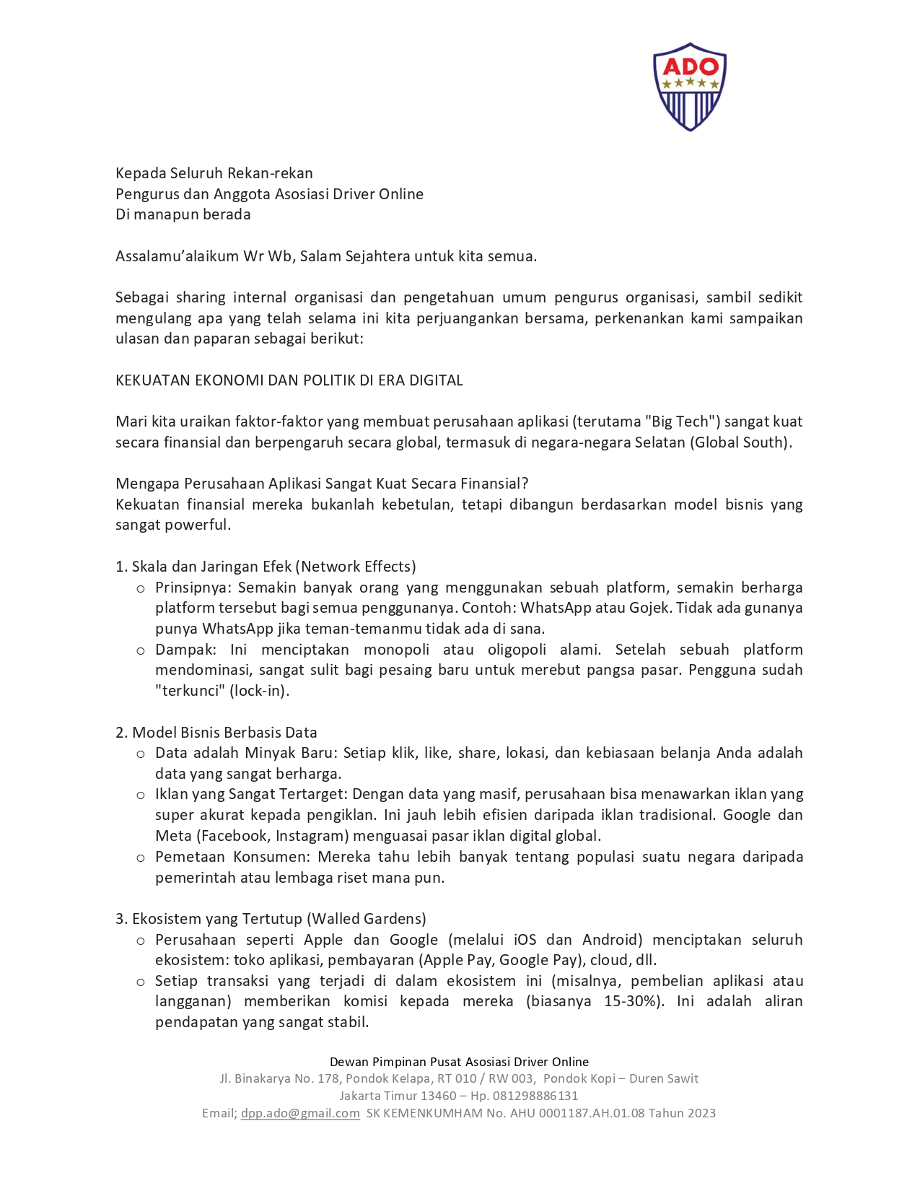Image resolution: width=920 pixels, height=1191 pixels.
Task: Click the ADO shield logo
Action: [690, 87]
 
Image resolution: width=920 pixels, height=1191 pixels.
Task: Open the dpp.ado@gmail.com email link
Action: [300, 1113]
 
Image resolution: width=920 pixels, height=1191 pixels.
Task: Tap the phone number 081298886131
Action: [535, 1095]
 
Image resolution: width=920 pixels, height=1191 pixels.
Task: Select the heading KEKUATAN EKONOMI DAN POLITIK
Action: [289, 380]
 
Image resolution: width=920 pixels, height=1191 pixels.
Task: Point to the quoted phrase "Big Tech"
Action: [682, 422]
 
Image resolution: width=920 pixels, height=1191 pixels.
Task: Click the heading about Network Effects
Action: [266, 567]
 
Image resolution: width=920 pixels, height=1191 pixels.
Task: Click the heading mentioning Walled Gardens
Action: [271, 919]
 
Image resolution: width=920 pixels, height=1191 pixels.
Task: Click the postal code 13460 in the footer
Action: [438, 1095]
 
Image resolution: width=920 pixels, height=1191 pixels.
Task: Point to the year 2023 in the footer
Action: [701, 1113]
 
